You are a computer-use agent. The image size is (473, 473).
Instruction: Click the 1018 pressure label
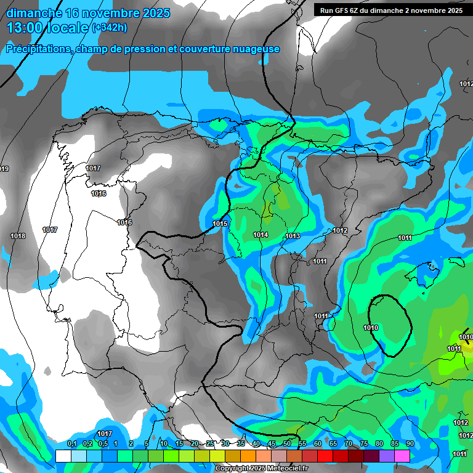18,236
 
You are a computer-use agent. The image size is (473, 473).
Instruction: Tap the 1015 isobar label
220,224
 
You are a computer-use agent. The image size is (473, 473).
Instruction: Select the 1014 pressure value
261,235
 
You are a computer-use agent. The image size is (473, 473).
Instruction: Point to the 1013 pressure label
293,236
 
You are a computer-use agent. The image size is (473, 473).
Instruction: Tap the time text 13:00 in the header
25,28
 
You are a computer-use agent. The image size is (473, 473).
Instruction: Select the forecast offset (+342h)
110,28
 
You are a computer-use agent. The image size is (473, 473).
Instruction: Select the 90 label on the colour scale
410,444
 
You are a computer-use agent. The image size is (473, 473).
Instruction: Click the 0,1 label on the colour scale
71,444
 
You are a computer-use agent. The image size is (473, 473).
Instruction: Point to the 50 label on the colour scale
287,444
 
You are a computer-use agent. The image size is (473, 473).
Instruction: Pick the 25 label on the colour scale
210,444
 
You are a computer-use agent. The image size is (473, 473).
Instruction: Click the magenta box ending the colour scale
402,456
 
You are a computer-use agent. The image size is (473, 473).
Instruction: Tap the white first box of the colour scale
63,456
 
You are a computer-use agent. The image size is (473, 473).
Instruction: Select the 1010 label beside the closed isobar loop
371,328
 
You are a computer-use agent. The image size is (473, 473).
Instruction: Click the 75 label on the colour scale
363,444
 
